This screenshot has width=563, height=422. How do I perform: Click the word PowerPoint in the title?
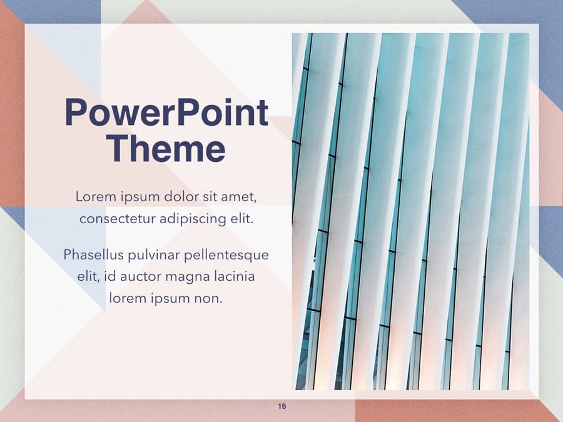tap(166, 112)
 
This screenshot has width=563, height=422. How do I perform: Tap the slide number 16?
tap(282, 406)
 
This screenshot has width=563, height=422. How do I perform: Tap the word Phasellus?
tap(93, 254)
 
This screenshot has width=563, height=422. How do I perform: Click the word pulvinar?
tap(154, 255)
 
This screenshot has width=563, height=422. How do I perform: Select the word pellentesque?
tap(226, 255)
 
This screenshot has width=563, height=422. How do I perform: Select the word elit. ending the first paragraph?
tap(241, 218)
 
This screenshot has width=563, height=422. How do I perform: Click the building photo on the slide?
tap(410, 211)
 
